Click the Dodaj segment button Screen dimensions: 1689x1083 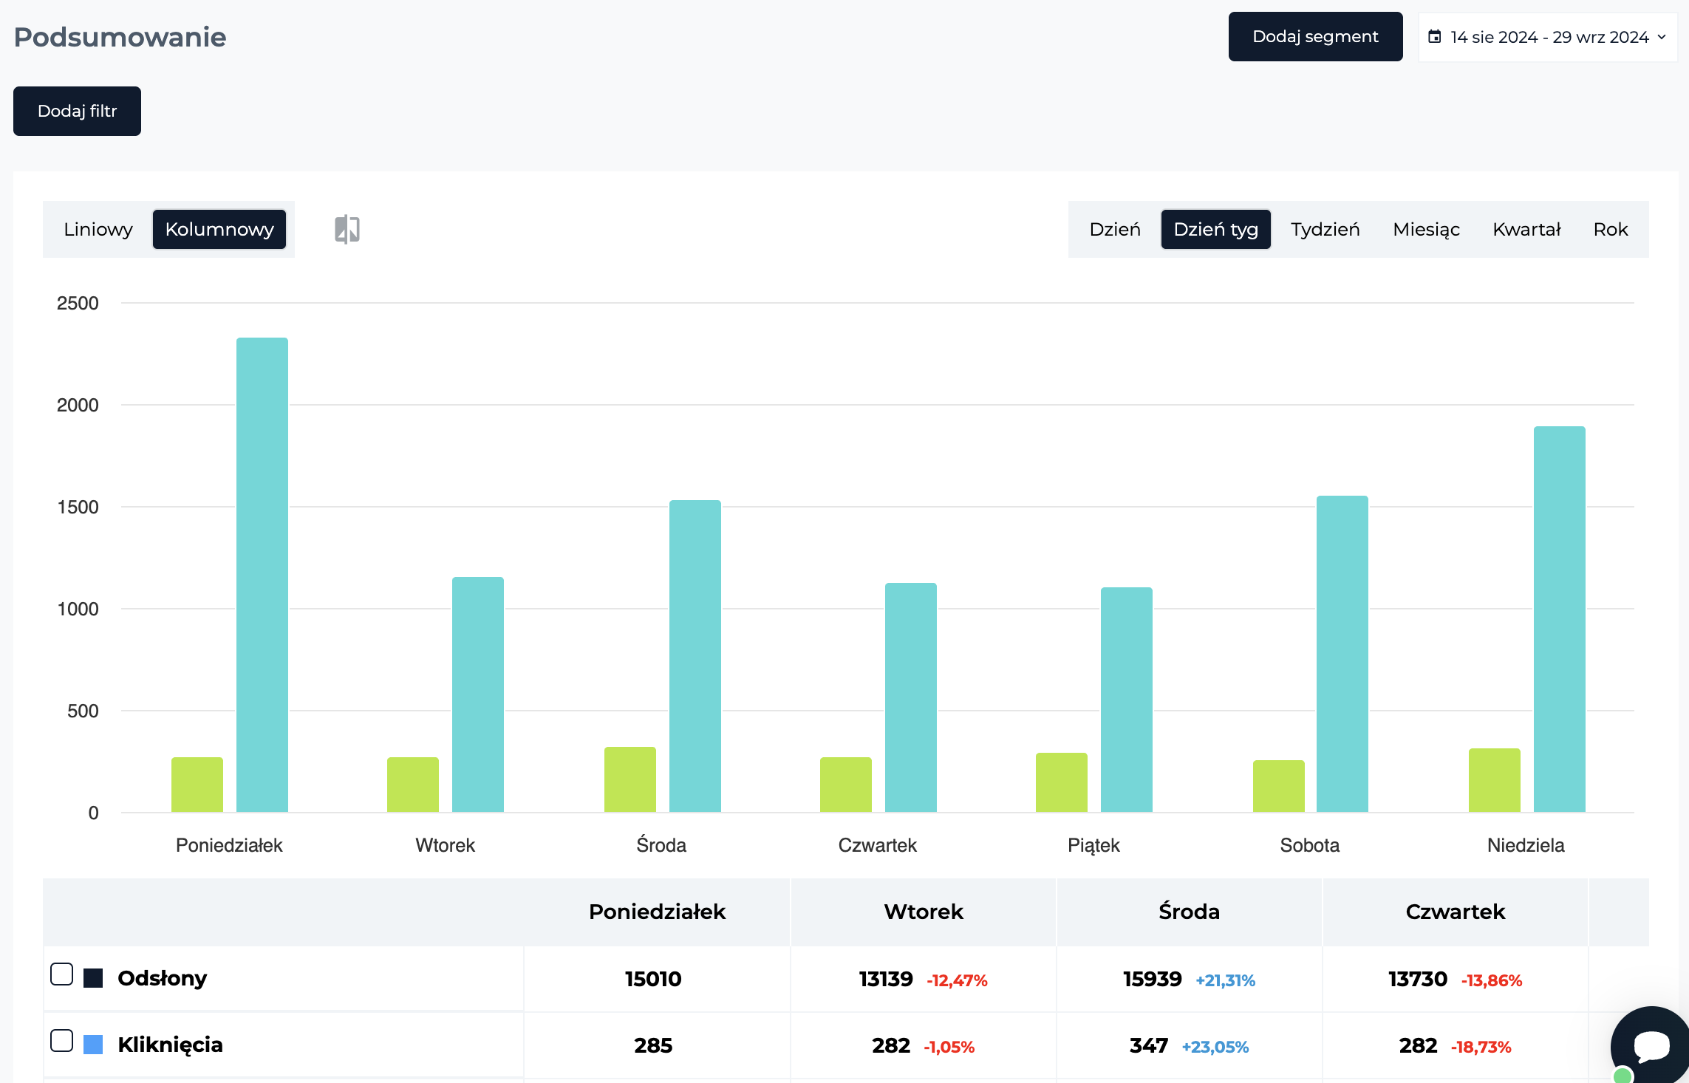pyautogui.click(x=1315, y=36)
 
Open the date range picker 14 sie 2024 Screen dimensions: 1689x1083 pyautogui.click(x=1548, y=37)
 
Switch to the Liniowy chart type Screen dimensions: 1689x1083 pyautogui.click(x=98, y=229)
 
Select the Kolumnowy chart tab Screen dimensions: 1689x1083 pyautogui.click(x=219, y=229)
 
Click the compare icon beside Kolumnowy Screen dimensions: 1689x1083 pyautogui.click(x=347, y=229)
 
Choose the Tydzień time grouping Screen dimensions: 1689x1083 pyautogui.click(x=1325, y=229)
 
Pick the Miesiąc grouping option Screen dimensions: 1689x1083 pyautogui.click(x=1426, y=229)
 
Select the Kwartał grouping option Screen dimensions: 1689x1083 pyautogui.click(x=1526, y=229)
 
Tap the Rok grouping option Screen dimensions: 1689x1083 pyautogui.click(x=1611, y=229)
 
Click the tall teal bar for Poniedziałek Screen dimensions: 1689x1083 pyautogui.click(x=262, y=575)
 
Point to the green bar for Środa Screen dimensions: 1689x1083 pyautogui.click(x=630, y=779)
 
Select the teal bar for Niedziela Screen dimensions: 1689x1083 pyautogui.click(x=1560, y=619)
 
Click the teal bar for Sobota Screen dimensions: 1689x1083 pyautogui.click(x=1342, y=654)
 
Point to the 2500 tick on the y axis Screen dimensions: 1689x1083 pyautogui.click(x=78, y=303)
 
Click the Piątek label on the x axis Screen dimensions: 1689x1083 pyautogui.click(x=1093, y=845)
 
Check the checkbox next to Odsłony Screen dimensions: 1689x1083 pyautogui.click(x=62, y=974)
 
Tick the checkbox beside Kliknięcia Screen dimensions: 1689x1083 pyautogui.click(x=62, y=1041)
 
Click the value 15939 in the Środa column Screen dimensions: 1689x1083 pyautogui.click(x=1152, y=979)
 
